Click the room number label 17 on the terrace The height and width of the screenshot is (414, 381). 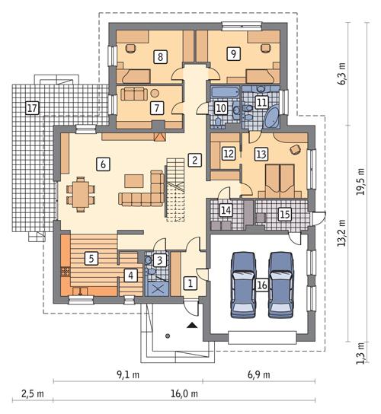point(31,107)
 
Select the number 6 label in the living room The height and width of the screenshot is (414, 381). point(102,162)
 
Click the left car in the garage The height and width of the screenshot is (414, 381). point(244,282)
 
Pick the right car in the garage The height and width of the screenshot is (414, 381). point(282,282)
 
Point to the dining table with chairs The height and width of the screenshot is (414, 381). point(80,192)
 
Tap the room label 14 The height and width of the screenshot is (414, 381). point(226,210)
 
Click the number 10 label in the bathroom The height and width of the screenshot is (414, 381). point(220,109)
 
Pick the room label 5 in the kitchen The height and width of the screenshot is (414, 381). point(91,258)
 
